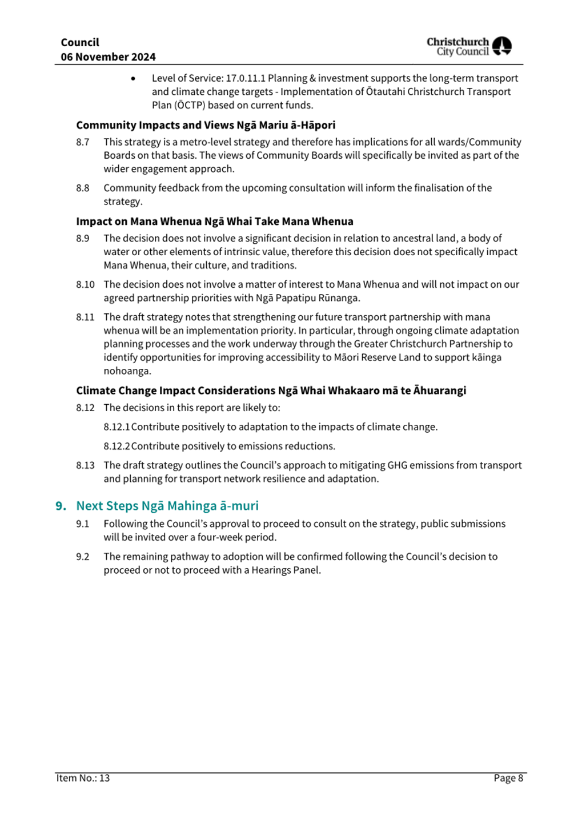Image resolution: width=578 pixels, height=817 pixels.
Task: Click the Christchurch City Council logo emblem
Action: click(501, 46)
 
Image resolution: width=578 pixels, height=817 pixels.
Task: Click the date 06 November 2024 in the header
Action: click(108, 57)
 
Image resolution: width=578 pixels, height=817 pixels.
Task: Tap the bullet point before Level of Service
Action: click(133, 79)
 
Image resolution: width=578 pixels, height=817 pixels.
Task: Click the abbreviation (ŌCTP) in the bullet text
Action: click(189, 105)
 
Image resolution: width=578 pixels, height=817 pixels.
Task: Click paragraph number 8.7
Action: click(83, 142)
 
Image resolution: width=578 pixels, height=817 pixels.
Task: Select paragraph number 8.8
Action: click(83, 188)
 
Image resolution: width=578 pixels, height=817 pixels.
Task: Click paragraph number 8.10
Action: click(85, 284)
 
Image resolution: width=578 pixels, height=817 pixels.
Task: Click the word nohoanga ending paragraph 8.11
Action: click(127, 371)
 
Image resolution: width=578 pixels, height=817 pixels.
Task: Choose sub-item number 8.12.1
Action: click(117, 427)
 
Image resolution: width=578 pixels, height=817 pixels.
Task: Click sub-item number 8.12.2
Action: click(117, 446)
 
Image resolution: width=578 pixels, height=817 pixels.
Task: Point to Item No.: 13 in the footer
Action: click(83, 778)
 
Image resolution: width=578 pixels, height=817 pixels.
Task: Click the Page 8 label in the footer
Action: click(508, 778)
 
